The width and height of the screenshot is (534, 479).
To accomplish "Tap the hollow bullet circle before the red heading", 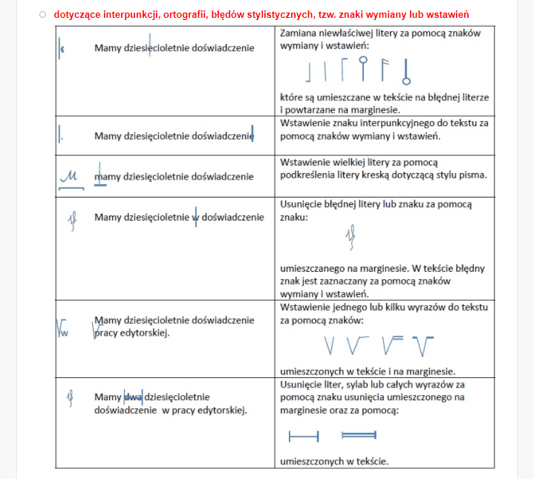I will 43,15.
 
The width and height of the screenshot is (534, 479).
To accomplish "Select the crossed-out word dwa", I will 133,397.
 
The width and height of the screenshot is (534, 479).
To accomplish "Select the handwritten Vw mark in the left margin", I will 62,328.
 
